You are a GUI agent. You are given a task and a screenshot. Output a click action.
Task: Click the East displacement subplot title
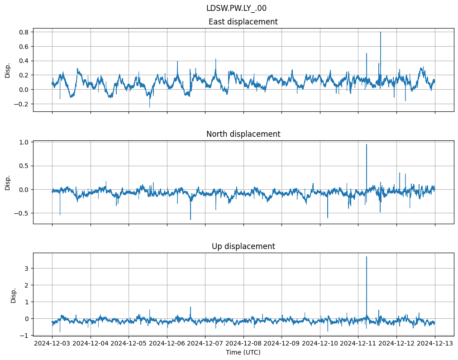[243, 22]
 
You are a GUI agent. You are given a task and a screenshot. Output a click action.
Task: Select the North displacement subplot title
[243, 134]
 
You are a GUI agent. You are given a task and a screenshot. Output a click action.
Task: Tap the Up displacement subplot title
[243, 246]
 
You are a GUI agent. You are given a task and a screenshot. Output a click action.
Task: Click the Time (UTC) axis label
[243, 352]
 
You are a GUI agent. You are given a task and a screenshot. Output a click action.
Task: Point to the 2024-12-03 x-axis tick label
[52, 344]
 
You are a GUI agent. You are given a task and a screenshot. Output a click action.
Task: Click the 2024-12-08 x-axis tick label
[243, 344]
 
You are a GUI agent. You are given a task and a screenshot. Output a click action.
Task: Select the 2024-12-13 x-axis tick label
[435, 344]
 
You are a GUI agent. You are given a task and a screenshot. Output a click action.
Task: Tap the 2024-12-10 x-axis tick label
[320, 344]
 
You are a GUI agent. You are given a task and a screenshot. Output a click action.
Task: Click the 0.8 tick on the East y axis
[23, 32]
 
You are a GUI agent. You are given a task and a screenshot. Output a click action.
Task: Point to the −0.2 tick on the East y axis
[21, 104]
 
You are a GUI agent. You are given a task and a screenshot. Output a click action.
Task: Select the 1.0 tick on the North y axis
[23, 142]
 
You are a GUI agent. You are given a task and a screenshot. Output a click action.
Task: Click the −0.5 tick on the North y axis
[21, 213]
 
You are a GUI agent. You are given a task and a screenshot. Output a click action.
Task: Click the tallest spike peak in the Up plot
[367, 257]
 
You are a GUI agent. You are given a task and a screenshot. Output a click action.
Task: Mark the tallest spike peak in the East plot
[381, 32]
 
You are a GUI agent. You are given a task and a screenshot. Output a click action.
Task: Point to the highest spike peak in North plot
[367, 144]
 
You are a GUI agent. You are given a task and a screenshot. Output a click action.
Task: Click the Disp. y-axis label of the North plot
[8, 183]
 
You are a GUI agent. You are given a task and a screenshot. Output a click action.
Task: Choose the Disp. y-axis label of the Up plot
[14, 295]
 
